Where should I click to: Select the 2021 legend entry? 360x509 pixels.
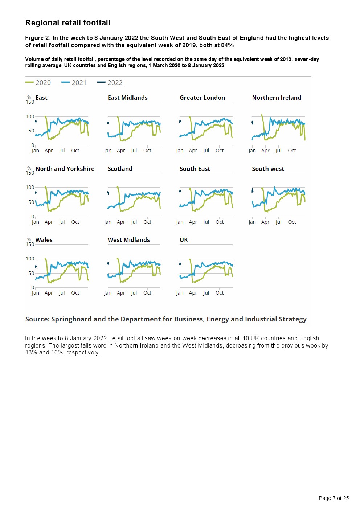click(74, 83)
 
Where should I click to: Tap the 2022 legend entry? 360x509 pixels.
click(110, 83)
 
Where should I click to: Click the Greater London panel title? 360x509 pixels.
click(202, 98)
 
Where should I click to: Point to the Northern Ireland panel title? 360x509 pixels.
click(277, 98)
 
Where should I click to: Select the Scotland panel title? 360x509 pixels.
click(120, 169)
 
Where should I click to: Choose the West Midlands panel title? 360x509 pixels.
click(128, 240)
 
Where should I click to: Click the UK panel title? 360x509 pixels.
click(184, 240)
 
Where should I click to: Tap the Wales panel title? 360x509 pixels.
click(44, 240)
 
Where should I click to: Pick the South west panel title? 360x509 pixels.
click(268, 169)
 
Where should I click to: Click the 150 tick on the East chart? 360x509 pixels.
click(30, 102)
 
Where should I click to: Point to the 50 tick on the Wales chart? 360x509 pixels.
click(31, 273)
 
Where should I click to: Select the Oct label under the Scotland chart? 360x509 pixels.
click(147, 222)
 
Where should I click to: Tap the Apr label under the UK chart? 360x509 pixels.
click(193, 293)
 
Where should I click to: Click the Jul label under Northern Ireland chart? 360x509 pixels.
click(278, 151)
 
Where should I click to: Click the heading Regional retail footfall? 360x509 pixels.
click(68, 23)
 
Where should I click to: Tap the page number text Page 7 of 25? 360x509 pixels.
click(334, 498)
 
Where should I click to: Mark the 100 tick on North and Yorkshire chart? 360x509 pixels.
click(30, 188)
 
